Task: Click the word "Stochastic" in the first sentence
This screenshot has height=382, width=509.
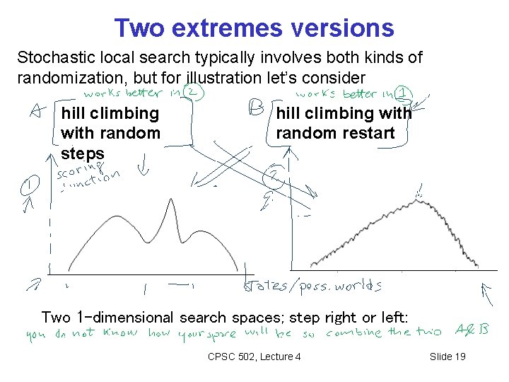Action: coord(48,57)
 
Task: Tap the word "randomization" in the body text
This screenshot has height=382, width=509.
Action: coord(63,76)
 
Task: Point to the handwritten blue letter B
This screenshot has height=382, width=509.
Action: coord(255,108)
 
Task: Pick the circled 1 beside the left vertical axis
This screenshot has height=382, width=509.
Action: coord(30,186)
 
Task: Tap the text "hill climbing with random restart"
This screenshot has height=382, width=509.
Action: coord(344,123)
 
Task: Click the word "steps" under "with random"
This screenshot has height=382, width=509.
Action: coord(83,153)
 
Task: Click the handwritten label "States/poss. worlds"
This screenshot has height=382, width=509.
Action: coord(312,286)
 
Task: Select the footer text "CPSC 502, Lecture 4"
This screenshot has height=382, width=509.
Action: coord(255,356)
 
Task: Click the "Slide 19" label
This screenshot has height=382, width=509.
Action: coord(447,356)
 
